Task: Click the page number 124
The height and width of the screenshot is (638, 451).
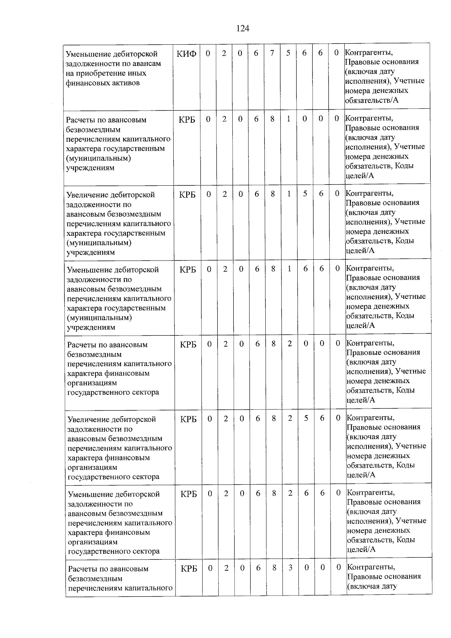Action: point(243,29)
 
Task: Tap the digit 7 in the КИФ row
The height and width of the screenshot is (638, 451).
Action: point(272,53)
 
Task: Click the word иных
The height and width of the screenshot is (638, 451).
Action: point(137,73)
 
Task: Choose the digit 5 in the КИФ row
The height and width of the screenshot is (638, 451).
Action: point(288,53)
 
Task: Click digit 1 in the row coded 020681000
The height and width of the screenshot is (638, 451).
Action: point(288,119)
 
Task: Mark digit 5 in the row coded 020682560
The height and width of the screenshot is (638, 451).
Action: point(306,418)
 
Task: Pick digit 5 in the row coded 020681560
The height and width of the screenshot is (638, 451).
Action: point(305,194)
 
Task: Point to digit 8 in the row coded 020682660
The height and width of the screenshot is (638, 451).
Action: point(274,493)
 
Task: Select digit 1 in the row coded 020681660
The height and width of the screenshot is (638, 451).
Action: point(289,268)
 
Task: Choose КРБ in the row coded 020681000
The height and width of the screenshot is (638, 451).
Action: point(187,120)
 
